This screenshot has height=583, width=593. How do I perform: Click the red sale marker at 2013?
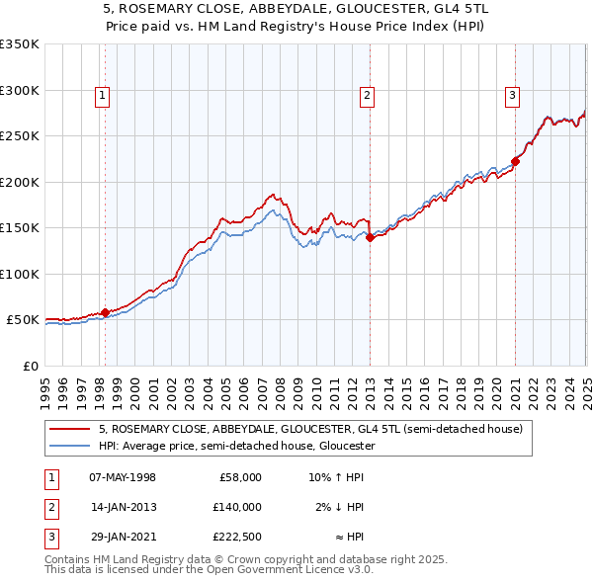pyautogui.click(x=370, y=237)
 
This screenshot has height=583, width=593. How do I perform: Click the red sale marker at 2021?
pyautogui.click(x=515, y=161)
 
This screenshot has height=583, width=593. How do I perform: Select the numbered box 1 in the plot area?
pyautogui.click(x=103, y=96)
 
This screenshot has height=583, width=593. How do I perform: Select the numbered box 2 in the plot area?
pyautogui.click(x=367, y=96)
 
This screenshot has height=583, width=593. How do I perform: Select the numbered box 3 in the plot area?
pyautogui.click(x=513, y=96)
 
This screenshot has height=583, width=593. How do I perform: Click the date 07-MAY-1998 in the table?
pyautogui.click(x=122, y=476)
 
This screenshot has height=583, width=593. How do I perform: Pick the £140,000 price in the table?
pyautogui.click(x=237, y=507)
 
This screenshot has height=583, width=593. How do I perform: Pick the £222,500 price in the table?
pyautogui.click(x=237, y=538)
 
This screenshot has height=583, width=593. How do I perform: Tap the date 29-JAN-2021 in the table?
pyautogui.click(x=122, y=538)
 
